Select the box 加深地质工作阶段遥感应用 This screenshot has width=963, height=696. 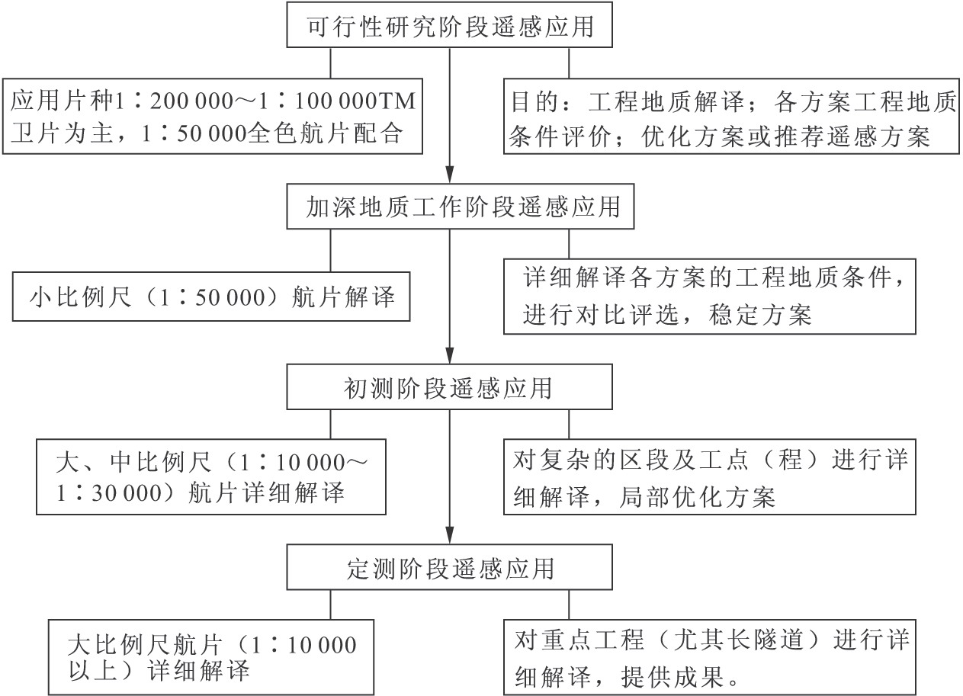pyautogui.click(x=461, y=206)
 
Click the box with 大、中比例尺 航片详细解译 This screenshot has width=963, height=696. pyautogui.click(x=210, y=477)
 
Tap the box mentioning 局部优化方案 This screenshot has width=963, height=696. pyautogui.click(x=709, y=477)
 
